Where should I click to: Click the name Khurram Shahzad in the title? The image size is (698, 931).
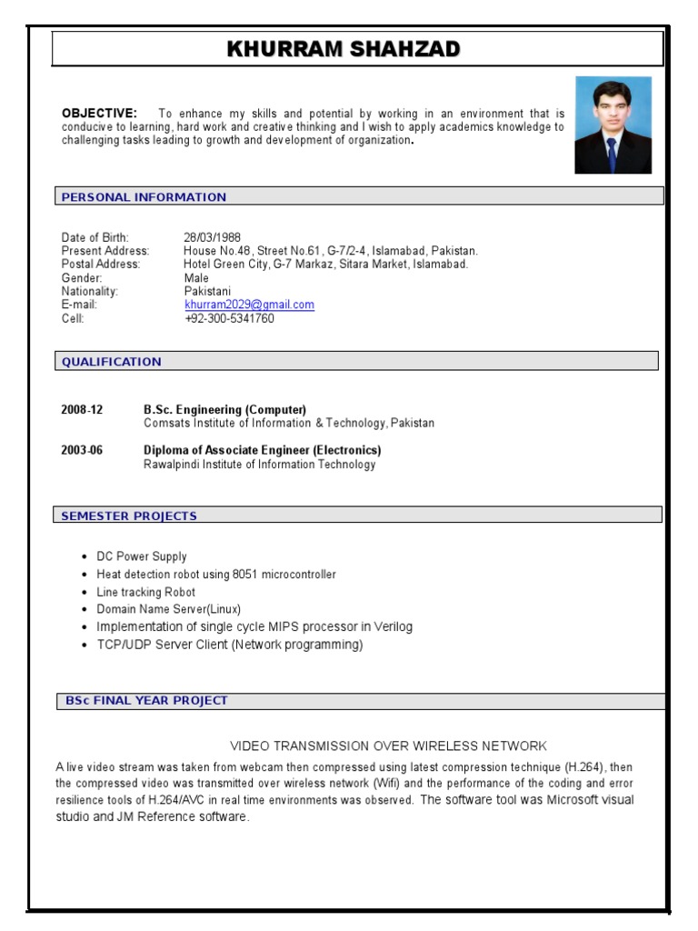[344, 49]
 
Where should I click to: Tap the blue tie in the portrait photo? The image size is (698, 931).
[612, 153]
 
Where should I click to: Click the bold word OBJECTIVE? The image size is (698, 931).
[99, 114]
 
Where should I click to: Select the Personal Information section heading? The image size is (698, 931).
[144, 197]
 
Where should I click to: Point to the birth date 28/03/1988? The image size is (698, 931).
[212, 237]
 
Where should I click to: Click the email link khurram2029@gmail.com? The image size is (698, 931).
[249, 305]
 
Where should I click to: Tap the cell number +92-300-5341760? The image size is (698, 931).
[229, 319]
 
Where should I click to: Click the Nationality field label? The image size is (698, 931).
[90, 292]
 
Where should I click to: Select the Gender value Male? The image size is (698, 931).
[196, 278]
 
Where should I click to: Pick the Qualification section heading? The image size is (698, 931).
[111, 362]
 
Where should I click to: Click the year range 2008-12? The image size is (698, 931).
[82, 410]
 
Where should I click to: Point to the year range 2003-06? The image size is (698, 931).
[82, 451]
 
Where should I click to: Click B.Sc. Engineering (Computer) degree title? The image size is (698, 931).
[224, 410]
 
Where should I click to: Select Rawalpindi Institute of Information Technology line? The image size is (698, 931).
[259, 465]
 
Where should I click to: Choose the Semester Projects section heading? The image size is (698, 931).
[129, 516]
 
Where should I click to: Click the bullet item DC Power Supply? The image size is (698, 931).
[142, 556]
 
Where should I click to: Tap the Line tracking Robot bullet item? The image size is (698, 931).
[145, 592]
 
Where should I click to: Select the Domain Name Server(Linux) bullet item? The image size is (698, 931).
[168, 609]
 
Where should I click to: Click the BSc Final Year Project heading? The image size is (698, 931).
[146, 701]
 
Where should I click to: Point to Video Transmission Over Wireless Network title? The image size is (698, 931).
[388, 746]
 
